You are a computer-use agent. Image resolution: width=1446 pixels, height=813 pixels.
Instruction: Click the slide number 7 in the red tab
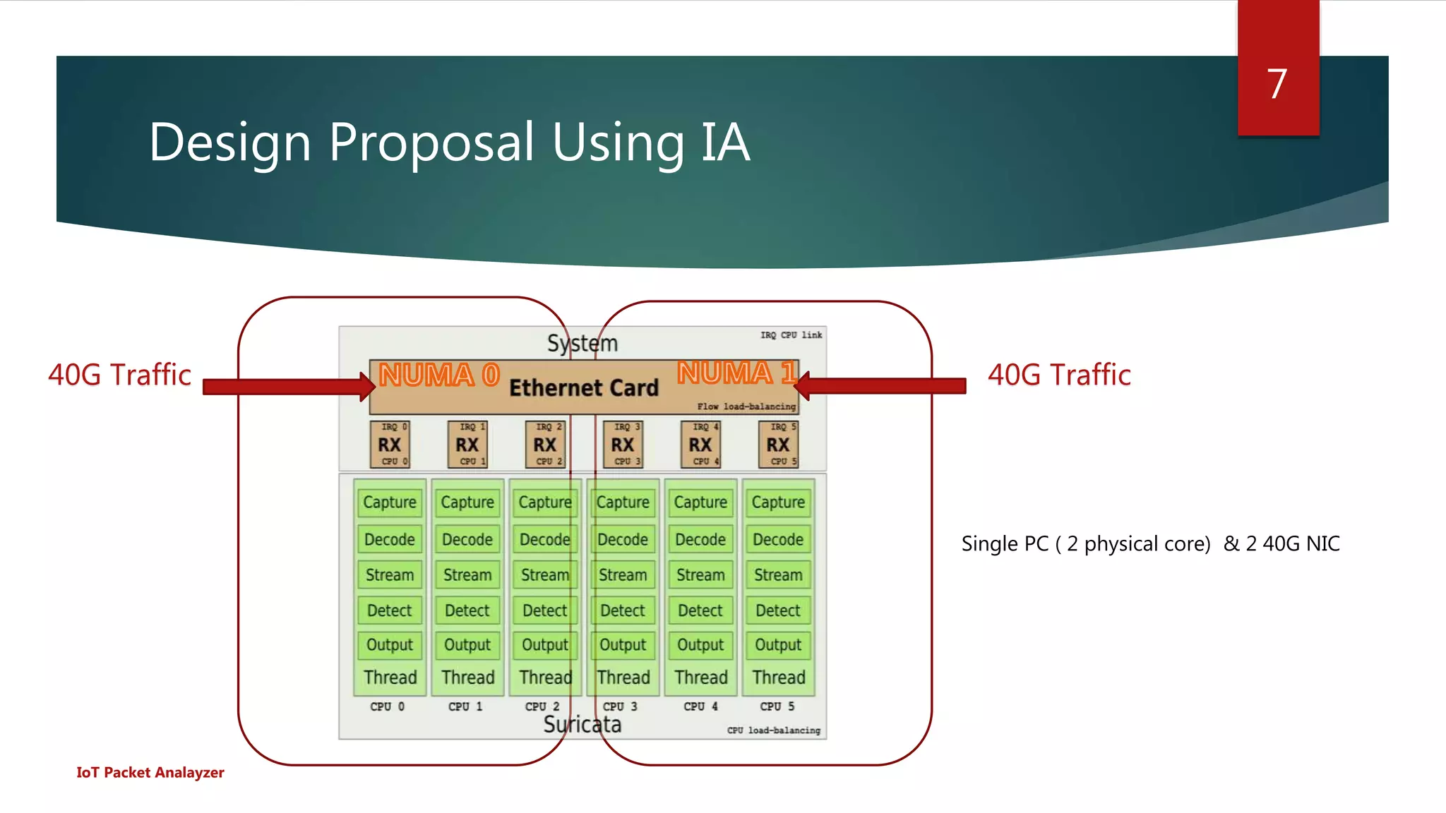(x=1277, y=84)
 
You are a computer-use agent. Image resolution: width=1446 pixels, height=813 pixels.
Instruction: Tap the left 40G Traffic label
(x=119, y=375)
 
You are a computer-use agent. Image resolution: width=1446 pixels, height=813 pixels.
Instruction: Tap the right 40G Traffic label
(x=1058, y=375)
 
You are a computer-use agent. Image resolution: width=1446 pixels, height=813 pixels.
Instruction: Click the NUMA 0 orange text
(x=439, y=375)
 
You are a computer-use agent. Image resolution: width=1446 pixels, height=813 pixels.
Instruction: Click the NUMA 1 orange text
(x=736, y=373)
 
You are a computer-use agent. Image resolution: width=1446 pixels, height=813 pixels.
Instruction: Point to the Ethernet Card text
(x=583, y=388)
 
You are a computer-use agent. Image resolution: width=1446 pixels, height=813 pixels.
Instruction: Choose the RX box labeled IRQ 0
(x=389, y=445)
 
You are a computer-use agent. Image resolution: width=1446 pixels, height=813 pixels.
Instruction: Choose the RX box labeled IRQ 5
(x=777, y=445)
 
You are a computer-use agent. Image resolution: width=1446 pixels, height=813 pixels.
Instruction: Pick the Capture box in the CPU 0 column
(x=389, y=502)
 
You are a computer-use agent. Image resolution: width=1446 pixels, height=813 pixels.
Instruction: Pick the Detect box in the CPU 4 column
(x=700, y=610)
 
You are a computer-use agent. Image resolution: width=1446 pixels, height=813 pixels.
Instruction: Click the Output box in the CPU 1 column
(x=467, y=645)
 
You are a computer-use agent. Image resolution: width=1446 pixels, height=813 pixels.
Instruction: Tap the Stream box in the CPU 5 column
(x=777, y=575)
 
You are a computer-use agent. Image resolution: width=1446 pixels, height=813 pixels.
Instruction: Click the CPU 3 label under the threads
(x=619, y=706)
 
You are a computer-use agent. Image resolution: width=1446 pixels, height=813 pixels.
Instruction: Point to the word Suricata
(x=582, y=725)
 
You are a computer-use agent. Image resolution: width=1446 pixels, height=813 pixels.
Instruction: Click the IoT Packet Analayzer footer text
(x=150, y=773)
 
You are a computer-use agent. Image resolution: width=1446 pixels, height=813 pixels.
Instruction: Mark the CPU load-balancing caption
(x=773, y=730)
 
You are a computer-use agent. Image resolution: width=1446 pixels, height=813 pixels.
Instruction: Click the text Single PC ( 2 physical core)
(x=1085, y=544)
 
